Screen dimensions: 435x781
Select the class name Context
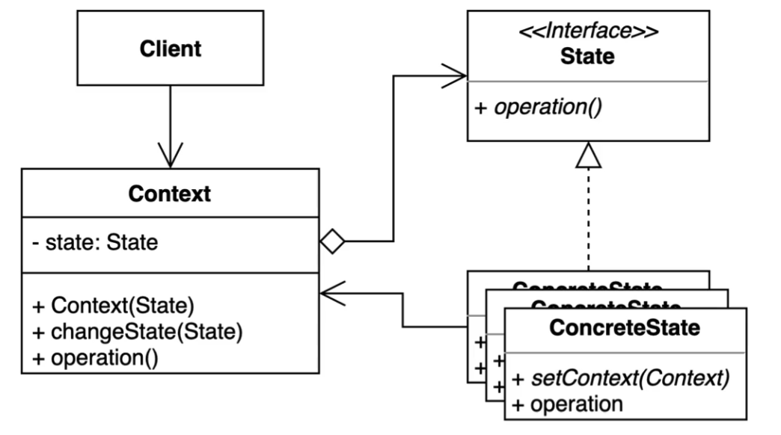coord(170,195)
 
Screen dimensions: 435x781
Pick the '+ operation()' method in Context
coord(95,357)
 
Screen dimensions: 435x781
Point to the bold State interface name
coord(587,57)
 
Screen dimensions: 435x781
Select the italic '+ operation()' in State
coord(539,106)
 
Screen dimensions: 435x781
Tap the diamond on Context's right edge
coord(331,241)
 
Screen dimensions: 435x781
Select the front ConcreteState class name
coord(625,328)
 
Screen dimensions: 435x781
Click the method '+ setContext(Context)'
coord(620,378)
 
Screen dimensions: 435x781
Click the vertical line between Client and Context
coord(170,112)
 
